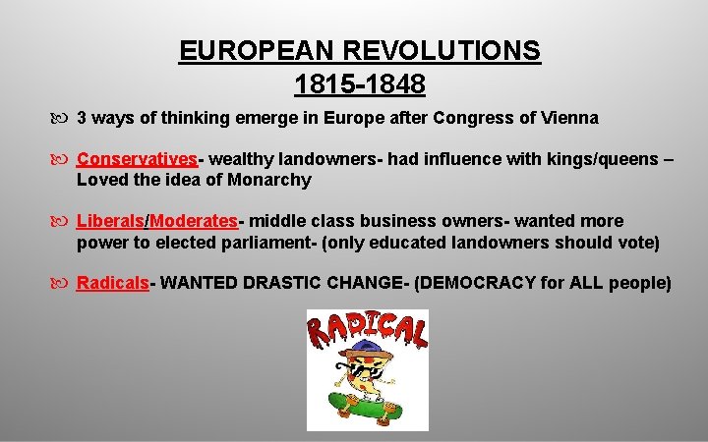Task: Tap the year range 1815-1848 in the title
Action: [x=360, y=85]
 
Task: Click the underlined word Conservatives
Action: [x=137, y=159]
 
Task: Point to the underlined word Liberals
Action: [x=109, y=221]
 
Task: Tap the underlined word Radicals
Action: [x=112, y=284]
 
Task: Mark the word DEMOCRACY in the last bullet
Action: [x=476, y=284]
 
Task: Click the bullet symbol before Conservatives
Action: [x=64, y=159]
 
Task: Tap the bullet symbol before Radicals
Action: [x=64, y=284]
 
